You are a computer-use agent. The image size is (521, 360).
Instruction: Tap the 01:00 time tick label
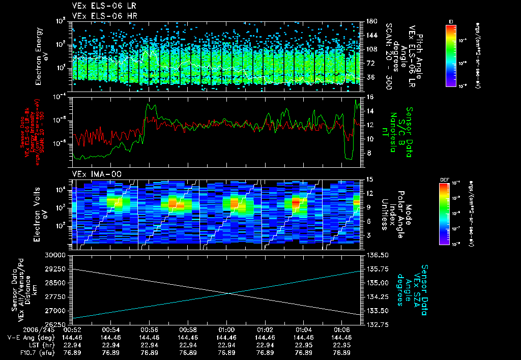[x=226, y=329]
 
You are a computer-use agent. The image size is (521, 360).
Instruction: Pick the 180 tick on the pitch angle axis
[x=371, y=21]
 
